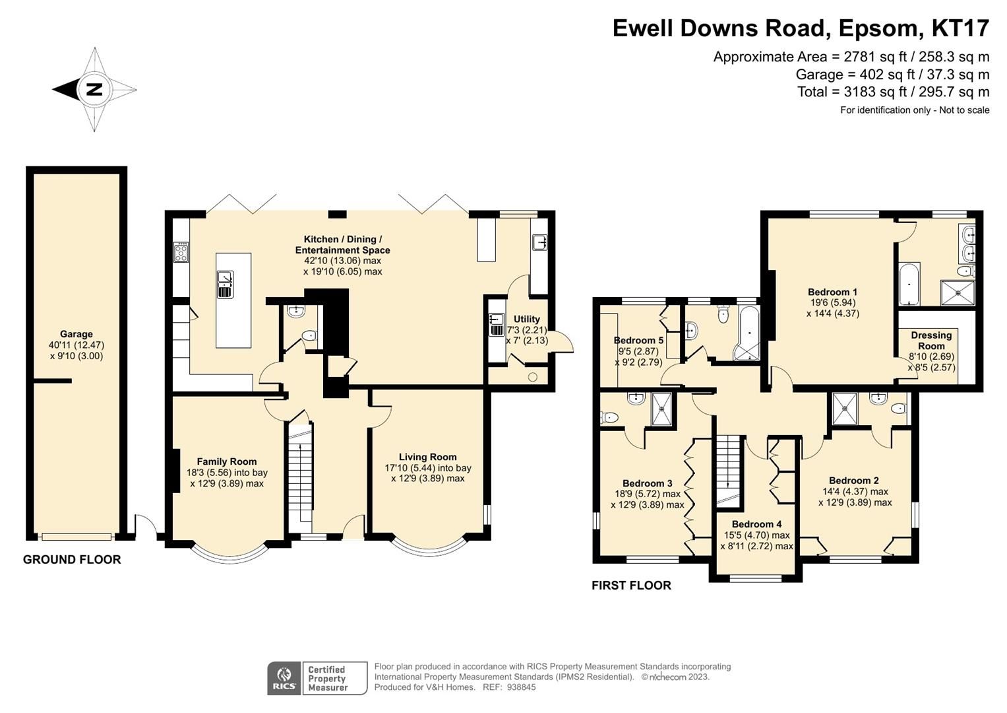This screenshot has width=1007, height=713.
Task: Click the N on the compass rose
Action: click(x=94, y=90)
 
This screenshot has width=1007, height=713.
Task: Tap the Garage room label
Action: click(x=76, y=334)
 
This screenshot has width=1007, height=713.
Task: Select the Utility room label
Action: click(x=526, y=319)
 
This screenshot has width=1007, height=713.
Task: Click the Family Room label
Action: click(x=227, y=461)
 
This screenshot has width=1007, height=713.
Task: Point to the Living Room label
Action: click(x=427, y=457)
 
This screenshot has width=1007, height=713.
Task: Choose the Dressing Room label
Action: click(x=931, y=340)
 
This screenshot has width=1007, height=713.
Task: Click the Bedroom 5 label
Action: click(x=638, y=340)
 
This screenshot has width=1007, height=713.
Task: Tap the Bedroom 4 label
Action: click(x=756, y=524)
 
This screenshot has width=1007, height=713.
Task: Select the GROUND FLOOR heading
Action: click(x=72, y=560)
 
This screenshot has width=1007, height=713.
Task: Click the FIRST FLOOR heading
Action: click(x=631, y=586)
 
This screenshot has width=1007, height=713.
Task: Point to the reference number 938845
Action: click(x=519, y=687)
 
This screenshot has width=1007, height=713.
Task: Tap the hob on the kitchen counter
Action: click(x=181, y=251)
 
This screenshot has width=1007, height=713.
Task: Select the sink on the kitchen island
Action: click(x=225, y=285)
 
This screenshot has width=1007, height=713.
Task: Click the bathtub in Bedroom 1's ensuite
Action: click(x=909, y=284)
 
